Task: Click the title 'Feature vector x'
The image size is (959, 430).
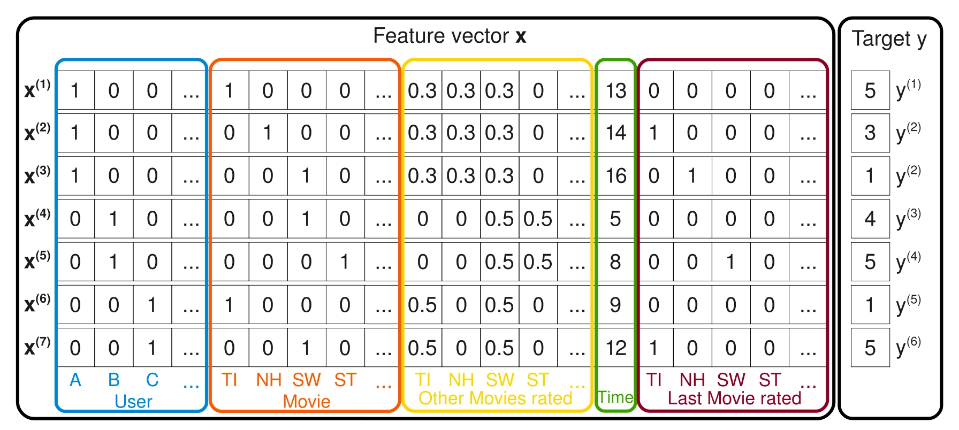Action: click(450, 36)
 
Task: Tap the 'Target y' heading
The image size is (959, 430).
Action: click(889, 39)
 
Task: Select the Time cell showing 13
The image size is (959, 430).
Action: click(615, 91)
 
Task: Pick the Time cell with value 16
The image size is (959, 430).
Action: click(615, 176)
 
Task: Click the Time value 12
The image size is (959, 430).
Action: click(615, 348)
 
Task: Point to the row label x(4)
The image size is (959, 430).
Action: click(37, 218)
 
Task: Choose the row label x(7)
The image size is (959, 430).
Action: click(37, 347)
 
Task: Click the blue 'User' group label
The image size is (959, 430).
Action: click(133, 402)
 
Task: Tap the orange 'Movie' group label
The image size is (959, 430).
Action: click(306, 402)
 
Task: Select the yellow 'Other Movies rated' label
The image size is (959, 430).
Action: click(495, 398)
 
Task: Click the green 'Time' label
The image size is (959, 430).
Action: click(615, 397)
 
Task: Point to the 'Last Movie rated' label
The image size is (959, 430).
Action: click(734, 398)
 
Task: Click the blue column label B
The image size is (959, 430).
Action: click(113, 380)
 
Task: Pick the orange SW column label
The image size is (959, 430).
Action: click(306, 380)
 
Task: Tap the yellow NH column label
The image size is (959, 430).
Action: click(461, 380)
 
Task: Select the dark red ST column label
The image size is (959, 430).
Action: click(770, 380)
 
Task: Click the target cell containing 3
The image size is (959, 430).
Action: click(870, 133)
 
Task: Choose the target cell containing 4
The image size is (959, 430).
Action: click(870, 219)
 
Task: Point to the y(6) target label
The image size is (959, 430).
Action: click(909, 347)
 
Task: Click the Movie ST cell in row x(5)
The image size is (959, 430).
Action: click(345, 262)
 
